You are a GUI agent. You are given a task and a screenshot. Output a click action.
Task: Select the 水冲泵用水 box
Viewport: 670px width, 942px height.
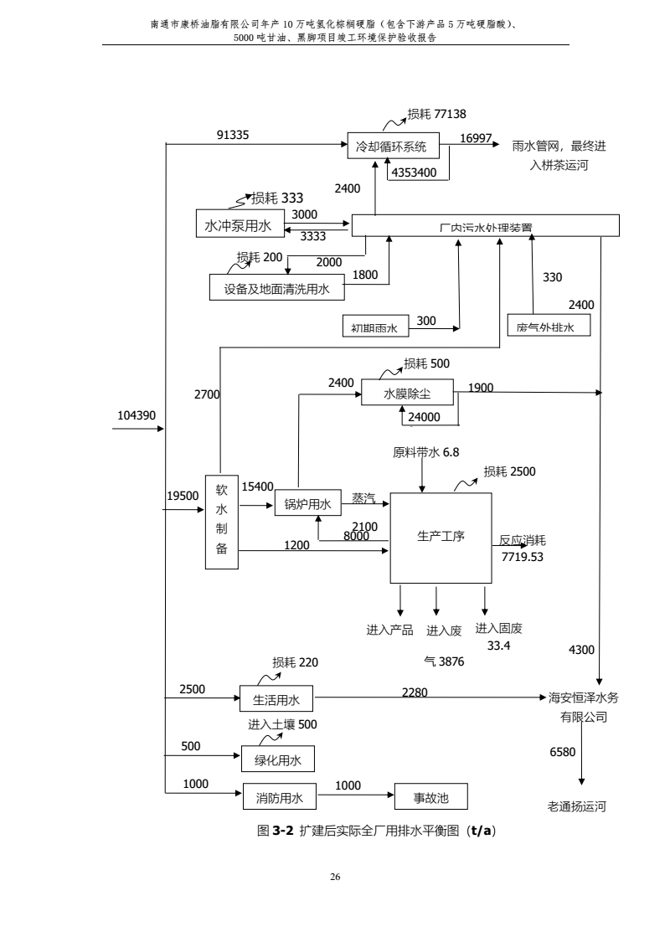(239, 226)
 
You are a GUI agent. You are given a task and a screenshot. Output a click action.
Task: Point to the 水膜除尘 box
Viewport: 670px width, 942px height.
(407, 393)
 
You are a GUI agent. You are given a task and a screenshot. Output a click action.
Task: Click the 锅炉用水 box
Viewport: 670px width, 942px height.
(307, 504)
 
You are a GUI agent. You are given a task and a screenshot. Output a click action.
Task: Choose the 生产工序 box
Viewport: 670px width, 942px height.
(441, 538)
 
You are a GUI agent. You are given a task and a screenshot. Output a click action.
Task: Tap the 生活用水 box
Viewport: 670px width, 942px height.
(276, 697)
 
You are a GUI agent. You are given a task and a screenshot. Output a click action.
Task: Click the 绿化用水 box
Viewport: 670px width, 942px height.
(277, 759)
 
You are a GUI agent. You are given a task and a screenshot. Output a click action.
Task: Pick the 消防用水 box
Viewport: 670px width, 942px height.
(279, 797)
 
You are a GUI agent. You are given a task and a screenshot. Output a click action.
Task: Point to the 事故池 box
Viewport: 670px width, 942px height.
(431, 797)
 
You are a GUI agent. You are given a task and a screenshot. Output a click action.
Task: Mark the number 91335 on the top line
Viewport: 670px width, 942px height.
(233, 134)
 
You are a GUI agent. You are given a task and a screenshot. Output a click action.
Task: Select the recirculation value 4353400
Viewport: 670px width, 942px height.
(414, 173)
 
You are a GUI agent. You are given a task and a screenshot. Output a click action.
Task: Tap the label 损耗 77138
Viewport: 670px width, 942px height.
(436, 114)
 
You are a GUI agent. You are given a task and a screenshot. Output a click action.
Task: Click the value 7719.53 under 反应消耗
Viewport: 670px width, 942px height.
(522, 556)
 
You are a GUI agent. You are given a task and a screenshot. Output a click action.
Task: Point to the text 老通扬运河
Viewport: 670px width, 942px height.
(576, 807)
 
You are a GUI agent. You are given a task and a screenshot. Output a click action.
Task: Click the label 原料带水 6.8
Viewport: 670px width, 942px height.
(426, 452)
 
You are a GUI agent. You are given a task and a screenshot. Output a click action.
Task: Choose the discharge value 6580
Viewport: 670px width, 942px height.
(562, 752)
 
